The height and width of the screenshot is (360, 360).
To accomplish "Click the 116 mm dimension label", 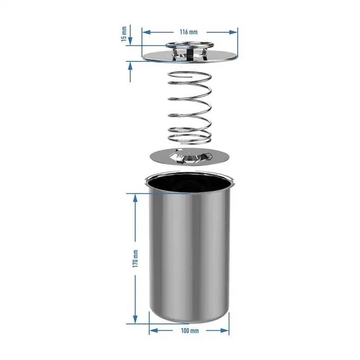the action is (188, 32).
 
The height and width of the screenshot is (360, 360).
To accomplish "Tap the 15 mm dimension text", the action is (124, 34).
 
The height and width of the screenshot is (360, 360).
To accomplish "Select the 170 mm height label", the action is (135, 259).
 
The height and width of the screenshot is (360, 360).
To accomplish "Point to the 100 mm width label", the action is (190, 330).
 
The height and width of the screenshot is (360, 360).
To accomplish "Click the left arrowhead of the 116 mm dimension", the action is (146, 32).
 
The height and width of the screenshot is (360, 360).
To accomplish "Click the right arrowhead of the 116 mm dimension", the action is (233, 32).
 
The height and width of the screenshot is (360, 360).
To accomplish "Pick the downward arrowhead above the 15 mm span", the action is (130, 41).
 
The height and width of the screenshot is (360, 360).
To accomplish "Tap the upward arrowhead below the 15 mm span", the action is (130, 67).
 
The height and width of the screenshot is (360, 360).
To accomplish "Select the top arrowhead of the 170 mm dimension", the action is (135, 198).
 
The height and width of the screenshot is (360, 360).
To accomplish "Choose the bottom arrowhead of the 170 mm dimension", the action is (135, 319).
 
